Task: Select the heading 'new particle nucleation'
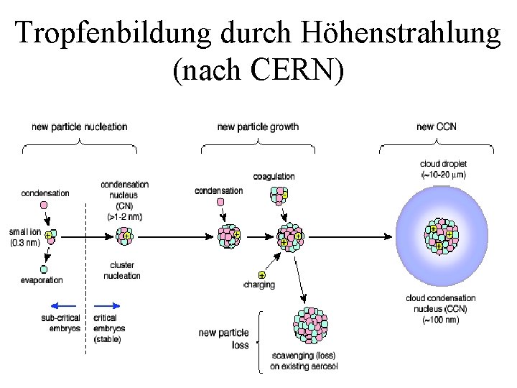point(80,127)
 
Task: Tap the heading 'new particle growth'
point(258,127)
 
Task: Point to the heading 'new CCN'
point(436,127)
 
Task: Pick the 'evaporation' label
point(42,280)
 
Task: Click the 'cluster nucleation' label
point(122,270)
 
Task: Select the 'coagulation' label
point(274,177)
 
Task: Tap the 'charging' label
point(259,285)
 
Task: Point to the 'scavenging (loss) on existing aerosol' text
point(303,361)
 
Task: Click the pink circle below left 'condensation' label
point(45,205)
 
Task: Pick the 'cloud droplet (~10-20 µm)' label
point(443,169)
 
